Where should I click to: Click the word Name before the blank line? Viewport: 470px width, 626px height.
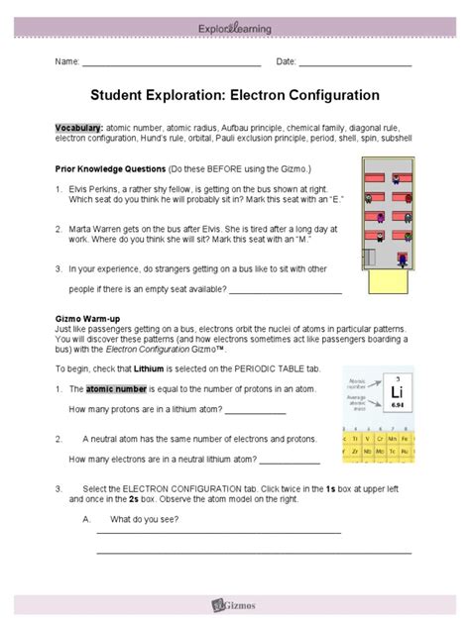[x=66, y=62]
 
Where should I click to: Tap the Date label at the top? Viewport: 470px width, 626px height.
[x=286, y=62]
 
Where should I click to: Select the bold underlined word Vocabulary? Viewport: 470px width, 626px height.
[x=78, y=129]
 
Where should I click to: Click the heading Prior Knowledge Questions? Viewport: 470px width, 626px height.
[x=110, y=169]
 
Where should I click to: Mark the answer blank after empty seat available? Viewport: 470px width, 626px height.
[x=286, y=291]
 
